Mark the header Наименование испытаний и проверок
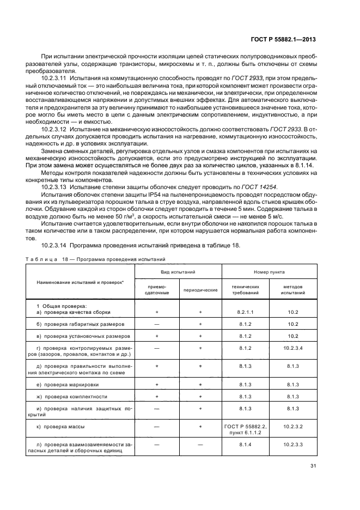[x=80, y=282]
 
